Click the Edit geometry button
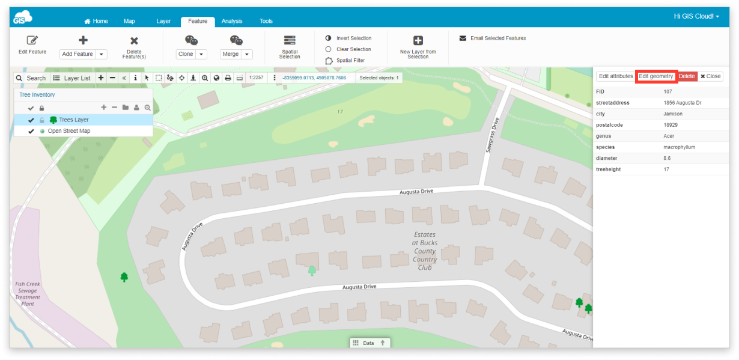656,76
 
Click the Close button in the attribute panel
710,76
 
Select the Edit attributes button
616,76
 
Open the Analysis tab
232,21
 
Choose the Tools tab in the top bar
266,21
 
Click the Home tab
96,21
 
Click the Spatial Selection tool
290,46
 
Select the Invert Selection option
353,38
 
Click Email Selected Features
497,38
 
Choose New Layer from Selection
418,46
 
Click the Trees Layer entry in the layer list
73,120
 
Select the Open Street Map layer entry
69,131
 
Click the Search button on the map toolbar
31,78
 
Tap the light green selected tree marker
312,270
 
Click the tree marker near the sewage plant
124,277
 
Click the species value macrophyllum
679,147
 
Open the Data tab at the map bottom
368,343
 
